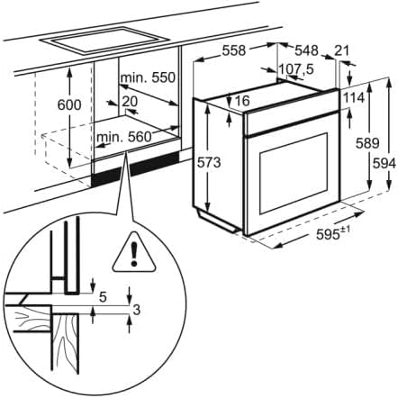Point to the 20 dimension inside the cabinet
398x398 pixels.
click(130, 102)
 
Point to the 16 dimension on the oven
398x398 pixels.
click(240, 101)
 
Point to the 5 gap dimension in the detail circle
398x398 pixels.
click(104, 295)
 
